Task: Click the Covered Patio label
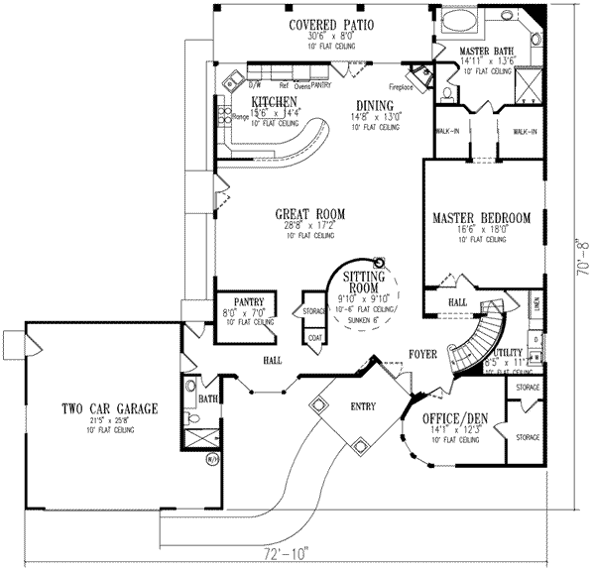coord(331,26)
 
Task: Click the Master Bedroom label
coord(481,217)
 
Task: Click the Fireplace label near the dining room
coord(414,86)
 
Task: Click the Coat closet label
coord(315,338)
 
